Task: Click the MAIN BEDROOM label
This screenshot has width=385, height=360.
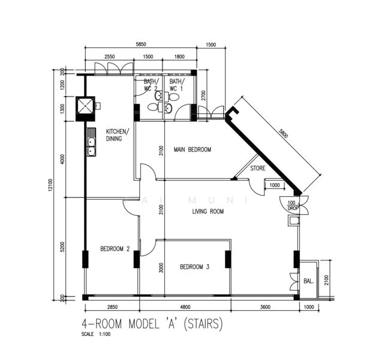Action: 192,149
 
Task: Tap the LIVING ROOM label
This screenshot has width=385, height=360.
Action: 208,211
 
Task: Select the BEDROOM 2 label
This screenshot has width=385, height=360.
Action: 115,249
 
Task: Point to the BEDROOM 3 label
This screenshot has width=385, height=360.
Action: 194,267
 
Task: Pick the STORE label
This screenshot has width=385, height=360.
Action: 258,169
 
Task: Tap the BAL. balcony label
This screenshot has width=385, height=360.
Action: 308,280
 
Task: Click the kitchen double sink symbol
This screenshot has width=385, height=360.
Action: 92,142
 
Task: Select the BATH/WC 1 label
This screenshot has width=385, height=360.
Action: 176,85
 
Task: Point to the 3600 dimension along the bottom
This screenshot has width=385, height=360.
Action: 265,307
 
